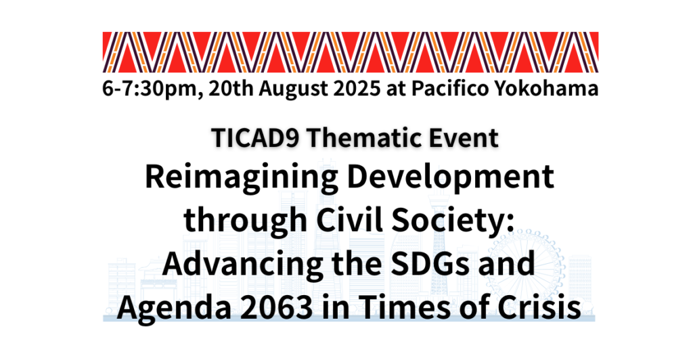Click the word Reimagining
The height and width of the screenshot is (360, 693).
click(242, 178)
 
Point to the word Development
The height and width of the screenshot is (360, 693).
click(450, 178)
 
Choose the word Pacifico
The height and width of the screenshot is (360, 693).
click(450, 89)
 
